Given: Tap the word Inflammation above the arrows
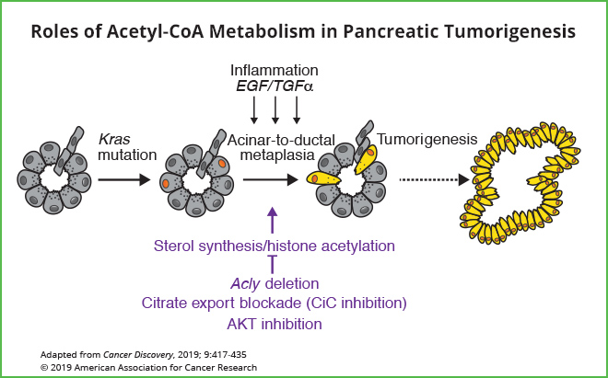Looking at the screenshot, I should point(275,70).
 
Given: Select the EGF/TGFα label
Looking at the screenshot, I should point(275,88).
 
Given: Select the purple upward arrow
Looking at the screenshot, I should point(272,221).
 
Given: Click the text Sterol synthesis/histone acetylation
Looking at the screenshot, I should point(275,246).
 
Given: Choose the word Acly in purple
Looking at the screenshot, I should point(243,283).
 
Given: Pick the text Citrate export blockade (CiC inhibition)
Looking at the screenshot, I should point(275,303).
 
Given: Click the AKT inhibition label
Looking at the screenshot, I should point(275,323).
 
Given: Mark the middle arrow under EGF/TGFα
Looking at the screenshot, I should point(275,110).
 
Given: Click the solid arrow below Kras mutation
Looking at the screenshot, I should point(123,180).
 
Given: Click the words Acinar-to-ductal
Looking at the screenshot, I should point(275,138).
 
